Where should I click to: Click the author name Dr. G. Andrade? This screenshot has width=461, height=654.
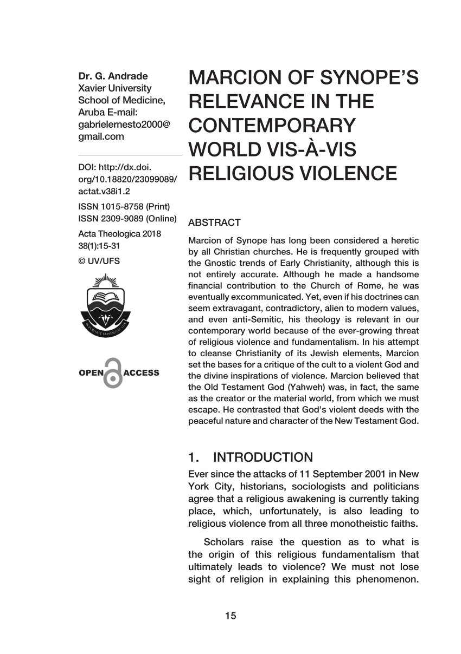(113, 76)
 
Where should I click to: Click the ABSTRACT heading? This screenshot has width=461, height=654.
(214, 223)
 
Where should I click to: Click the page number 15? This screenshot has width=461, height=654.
(230, 616)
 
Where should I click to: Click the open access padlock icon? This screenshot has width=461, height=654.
(112, 372)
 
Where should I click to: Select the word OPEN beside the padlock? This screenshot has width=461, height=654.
(90, 373)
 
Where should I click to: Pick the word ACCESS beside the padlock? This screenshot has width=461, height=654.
(141, 373)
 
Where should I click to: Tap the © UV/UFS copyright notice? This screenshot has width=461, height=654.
(99, 260)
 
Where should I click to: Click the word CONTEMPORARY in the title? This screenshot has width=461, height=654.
(271, 126)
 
